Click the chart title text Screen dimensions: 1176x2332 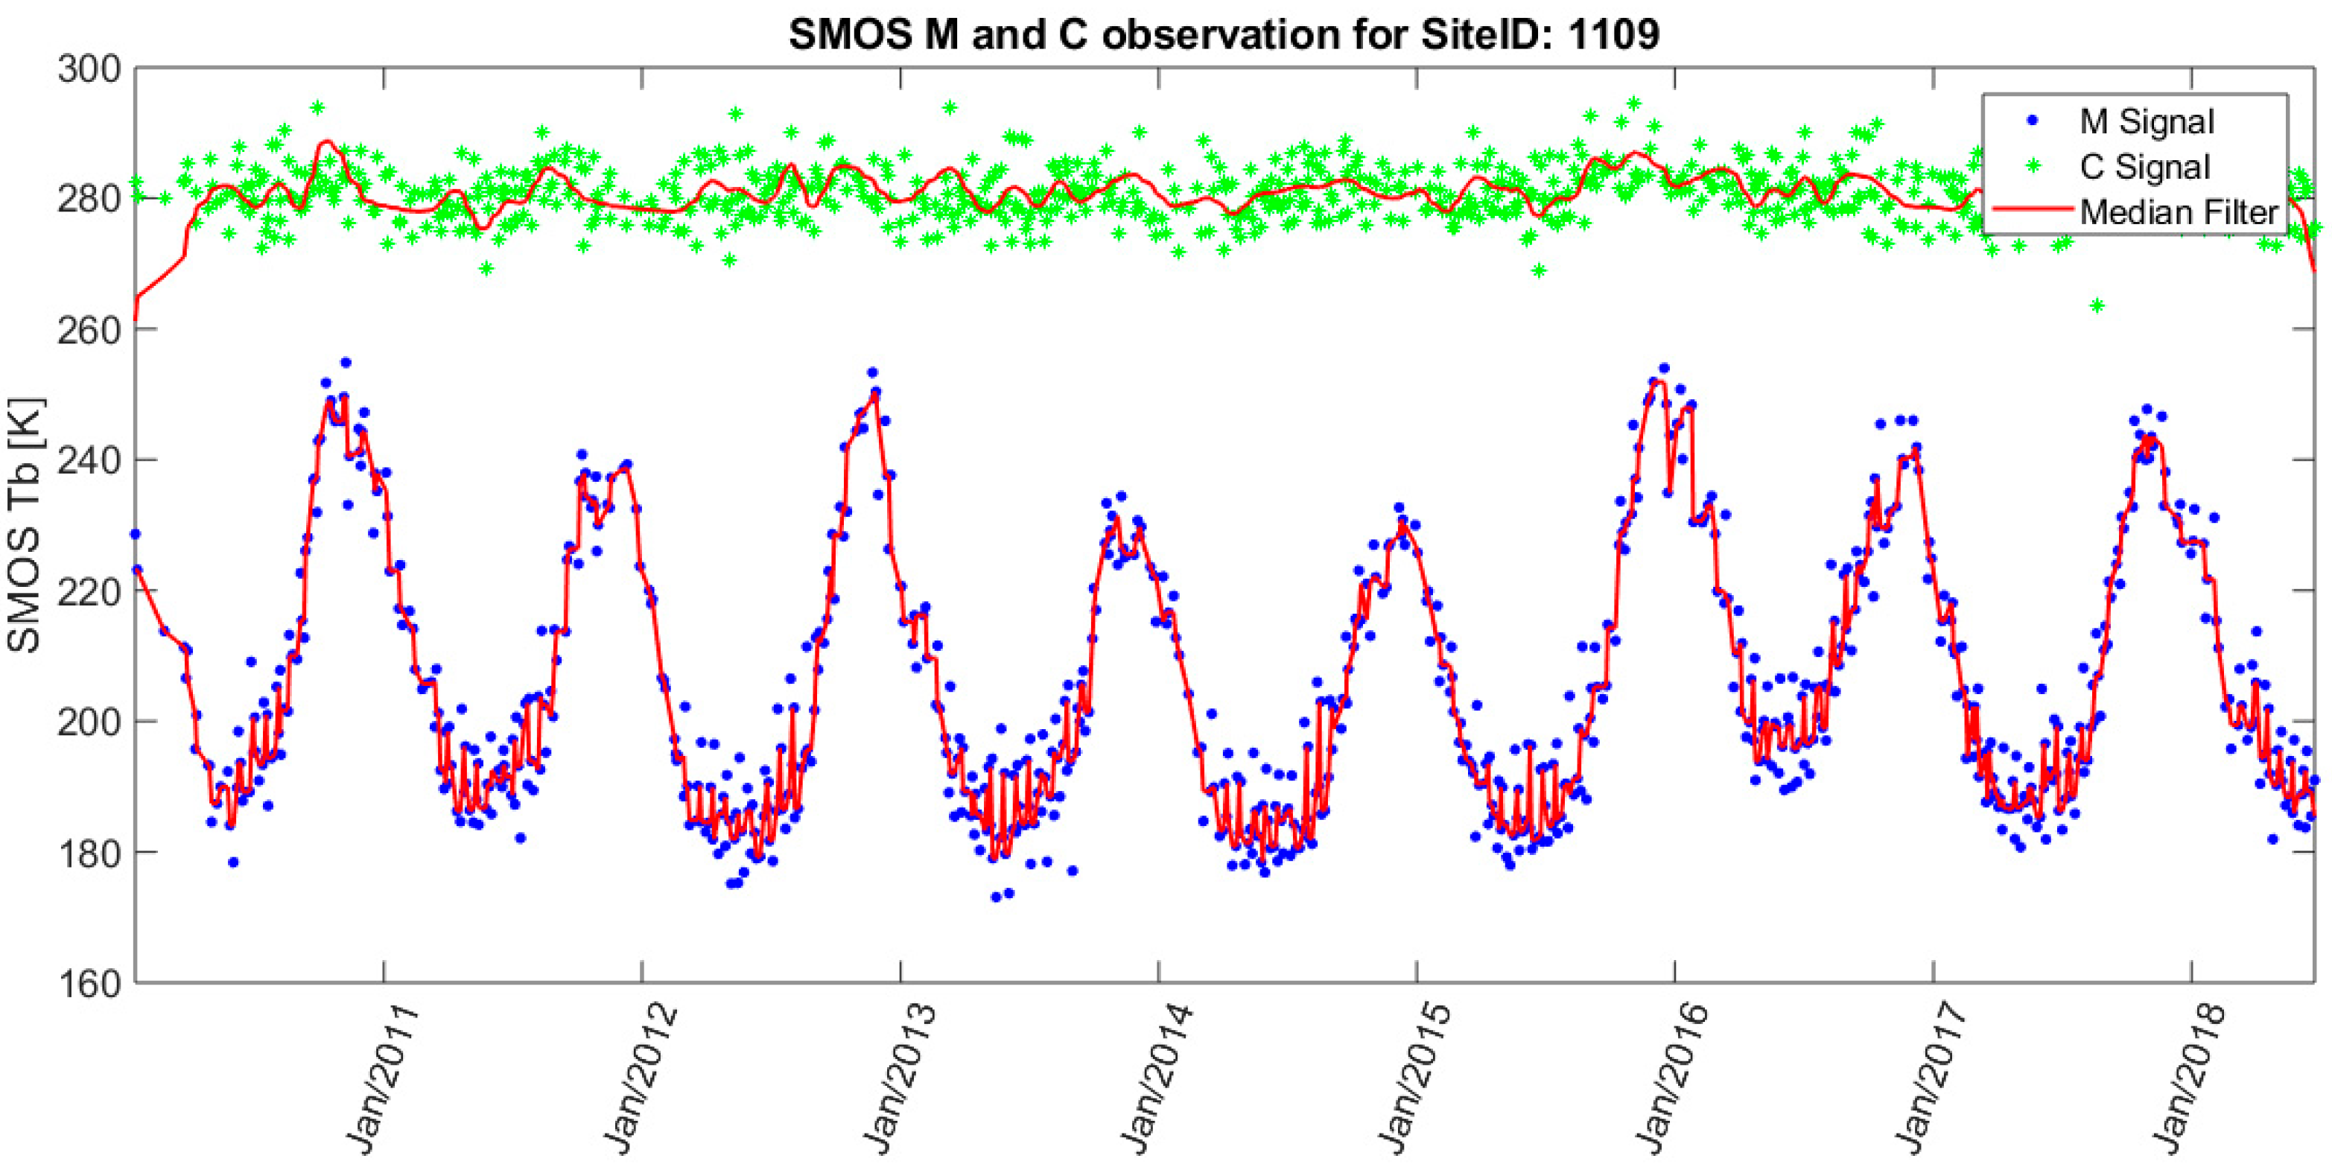click(1224, 34)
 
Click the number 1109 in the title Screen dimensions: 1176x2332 click(1614, 34)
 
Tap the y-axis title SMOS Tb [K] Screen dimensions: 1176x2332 click(25, 524)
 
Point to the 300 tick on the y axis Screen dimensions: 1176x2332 click(89, 69)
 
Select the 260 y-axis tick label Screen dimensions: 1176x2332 click(89, 329)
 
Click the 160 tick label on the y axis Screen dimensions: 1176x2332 click(89, 983)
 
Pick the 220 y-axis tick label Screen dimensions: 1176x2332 click(89, 591)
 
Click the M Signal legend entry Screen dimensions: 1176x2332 click(2147, 121)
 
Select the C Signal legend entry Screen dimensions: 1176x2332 click(2144, 167)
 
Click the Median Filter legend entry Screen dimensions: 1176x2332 click(2178, 212)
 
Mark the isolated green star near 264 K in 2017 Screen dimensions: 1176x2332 click(2097, 306)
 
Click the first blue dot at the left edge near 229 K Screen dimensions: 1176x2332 click(136, 534)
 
